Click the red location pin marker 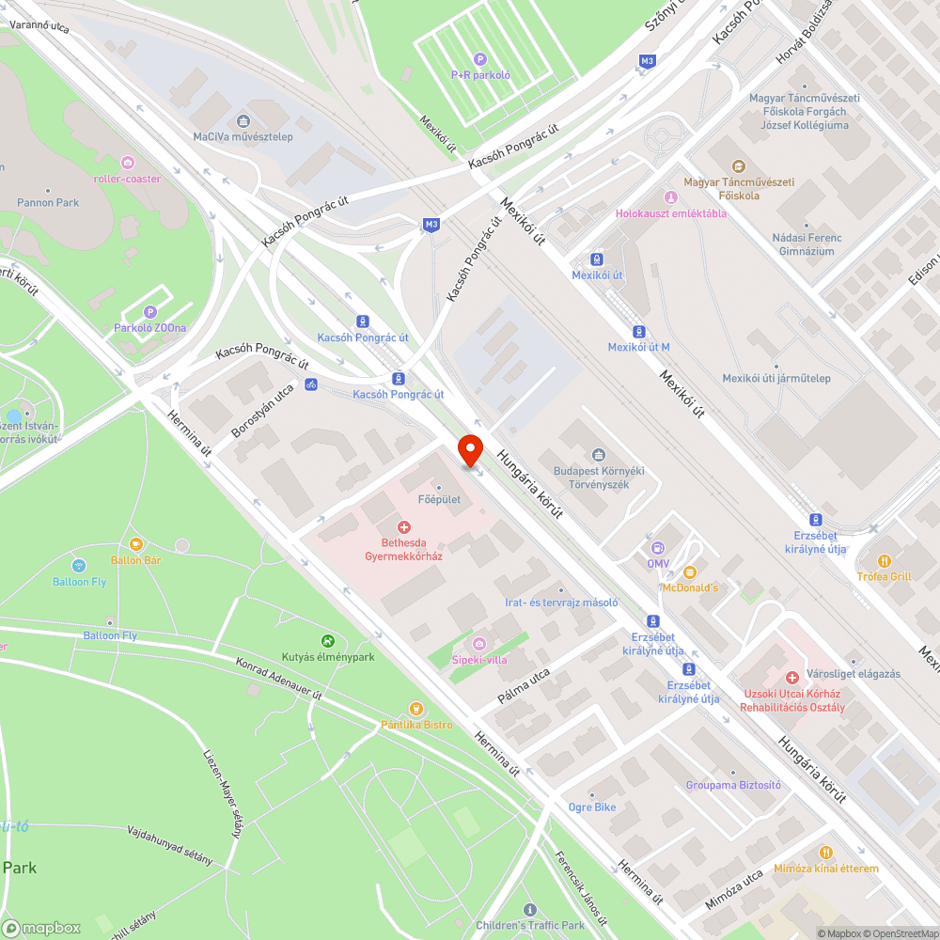point(469,448)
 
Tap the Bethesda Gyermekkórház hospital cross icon point(404,528)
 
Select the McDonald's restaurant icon point(689,572)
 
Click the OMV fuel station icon point(657,548)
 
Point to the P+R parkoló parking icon point(480,59)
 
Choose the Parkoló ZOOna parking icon point(149,312)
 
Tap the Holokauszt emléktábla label point(670,213)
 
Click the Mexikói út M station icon point(639,332)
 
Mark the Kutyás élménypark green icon point(327,641)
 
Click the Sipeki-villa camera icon point(479,644)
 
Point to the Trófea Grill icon point(883,561)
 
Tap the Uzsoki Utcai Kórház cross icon point(792,678)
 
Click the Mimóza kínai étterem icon point(826,853)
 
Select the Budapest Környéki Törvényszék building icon point(598,456)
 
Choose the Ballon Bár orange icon point(136,544)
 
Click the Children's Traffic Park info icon point(530,910)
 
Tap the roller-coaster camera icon point(127,163)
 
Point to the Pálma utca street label point(524,689)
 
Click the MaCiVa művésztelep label point(243,136)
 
